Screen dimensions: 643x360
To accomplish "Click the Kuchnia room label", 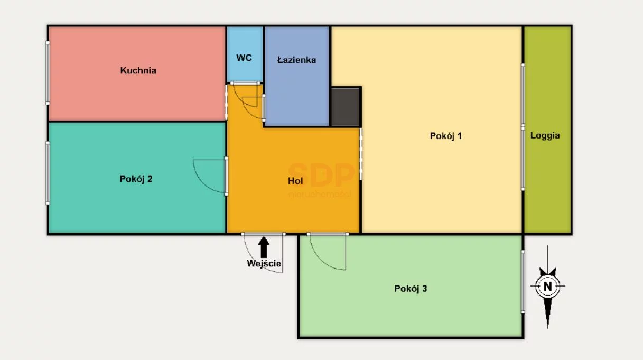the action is coord(138,70).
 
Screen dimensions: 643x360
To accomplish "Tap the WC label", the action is coord(244,58).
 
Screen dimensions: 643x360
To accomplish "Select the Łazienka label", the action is coord(296,60).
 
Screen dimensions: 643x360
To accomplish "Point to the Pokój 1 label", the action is coord(446,136).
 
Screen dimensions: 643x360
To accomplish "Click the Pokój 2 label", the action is coord(136,179).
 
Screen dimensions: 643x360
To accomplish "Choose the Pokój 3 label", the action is coord(411,289).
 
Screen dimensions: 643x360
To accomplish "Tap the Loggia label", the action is coord(545,135).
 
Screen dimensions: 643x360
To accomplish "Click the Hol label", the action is coord(295,181).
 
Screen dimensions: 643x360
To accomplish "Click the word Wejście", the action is coord(264,263).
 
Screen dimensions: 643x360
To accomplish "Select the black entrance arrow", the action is coord(264,247).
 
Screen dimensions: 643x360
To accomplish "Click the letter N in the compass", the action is coord(548,287).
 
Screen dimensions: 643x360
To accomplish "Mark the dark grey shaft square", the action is coord(346,107).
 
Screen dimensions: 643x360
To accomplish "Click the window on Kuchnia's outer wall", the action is coord(48,73).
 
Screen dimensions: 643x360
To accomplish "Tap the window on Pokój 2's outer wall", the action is coord(48,173).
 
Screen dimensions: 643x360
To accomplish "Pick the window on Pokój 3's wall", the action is coord(523,282).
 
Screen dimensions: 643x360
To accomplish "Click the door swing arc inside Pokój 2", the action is coord(202,183).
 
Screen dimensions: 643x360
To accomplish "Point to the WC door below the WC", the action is coord(245,84).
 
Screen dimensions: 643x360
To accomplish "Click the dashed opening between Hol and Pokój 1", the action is coord(361,154).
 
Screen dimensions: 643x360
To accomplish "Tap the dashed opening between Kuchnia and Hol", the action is coord(226,102).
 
